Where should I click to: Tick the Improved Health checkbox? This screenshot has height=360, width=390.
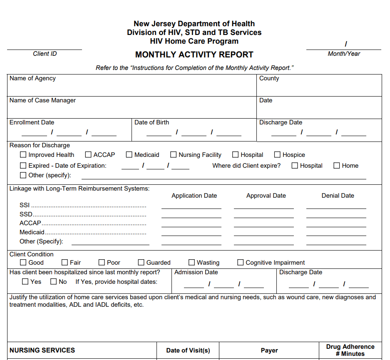click(x=23, y=155)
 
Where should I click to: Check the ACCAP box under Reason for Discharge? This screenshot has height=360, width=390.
click(x=88, y=155)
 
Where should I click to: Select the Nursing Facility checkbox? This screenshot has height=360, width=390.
click(x=174, y=155)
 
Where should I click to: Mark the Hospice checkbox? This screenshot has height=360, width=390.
click(x=277, y=155)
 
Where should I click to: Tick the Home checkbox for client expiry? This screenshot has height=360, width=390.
click(x=337, y=166)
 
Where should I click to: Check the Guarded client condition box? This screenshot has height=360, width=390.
click(x=141, y=263)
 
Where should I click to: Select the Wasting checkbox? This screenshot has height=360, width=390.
click(x=191, y=263)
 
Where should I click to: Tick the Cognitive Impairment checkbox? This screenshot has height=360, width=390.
click(x=241, y=263)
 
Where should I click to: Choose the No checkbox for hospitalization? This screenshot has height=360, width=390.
click(x=54, y=282)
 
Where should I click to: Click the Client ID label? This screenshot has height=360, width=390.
click(x=45, y=54)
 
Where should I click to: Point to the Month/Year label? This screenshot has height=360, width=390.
click(x=344, y=54)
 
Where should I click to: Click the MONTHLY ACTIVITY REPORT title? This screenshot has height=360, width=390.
click(x=194, y=55)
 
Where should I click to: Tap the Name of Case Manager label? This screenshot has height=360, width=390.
click(x=42, y=100)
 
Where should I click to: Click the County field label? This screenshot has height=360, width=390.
click(x=269, y=78)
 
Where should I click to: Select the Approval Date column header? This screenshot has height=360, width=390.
click(x=266, y=196)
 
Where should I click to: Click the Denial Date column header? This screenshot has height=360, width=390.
click(x=338, y=196)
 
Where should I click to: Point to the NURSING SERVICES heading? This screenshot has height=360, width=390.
click(x=42, y=350)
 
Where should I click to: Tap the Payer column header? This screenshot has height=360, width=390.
click(x=269, y=350)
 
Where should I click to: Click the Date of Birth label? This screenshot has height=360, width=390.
click(x=152, y=122)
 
